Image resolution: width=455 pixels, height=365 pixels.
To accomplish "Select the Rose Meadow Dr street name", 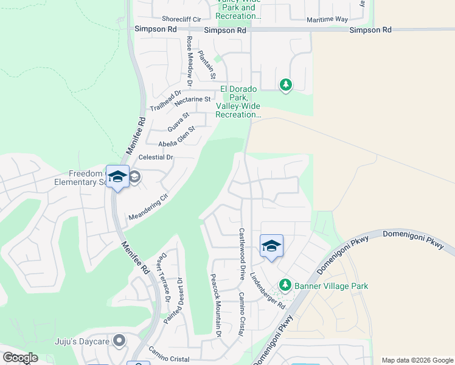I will pyautogui.click(x=189, y=61).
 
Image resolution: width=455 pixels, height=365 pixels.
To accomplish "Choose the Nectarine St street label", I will pyautogui.click(x=192, y=99).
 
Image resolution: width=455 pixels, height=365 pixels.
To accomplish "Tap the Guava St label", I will pyautogui.click(x=178, y=121).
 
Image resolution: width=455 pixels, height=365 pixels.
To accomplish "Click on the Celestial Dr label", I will pyautogui.click(x=156, y=157).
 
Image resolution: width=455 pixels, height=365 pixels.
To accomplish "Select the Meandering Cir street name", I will pyautogui.click(x=147, y=207).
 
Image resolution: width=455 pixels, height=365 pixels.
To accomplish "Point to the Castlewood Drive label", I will pyautogui.click(x=241, y=254).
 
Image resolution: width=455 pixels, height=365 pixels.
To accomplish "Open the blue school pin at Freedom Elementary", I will pyautogui.click(x=117, y=177).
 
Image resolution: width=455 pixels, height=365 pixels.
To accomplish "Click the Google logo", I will pyautogui.click(x=20, y=358).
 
